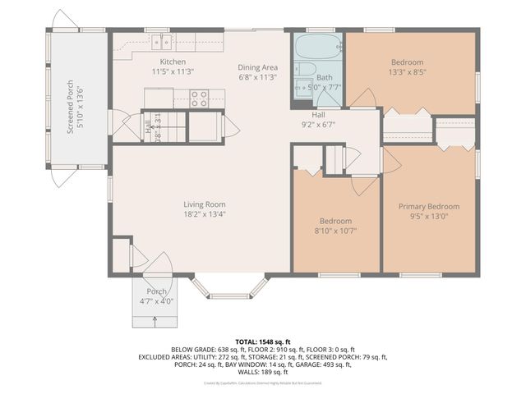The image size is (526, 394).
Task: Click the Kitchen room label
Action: [173, 62]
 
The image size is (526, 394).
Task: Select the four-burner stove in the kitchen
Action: [199, 98]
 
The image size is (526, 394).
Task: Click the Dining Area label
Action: [257, 67]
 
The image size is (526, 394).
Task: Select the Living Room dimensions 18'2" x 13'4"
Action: [205, 214]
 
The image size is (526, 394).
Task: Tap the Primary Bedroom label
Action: [428, 207]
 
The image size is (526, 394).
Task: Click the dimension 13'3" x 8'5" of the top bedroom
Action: [408, 72]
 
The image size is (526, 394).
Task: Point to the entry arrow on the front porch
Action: [156, 320]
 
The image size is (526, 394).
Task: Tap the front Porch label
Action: [156, 292]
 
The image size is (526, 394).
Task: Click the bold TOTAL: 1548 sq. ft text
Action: [263, 340]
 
